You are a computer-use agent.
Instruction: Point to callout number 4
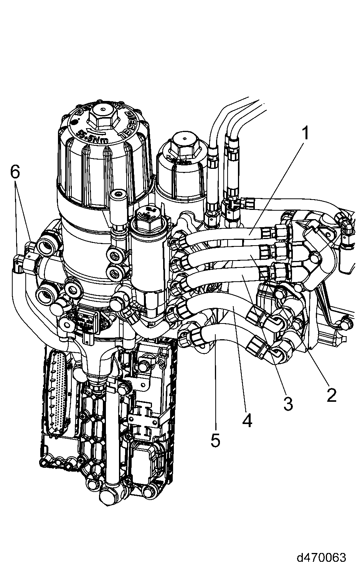[x=247, y=421]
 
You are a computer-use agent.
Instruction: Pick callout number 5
[x=216, y=440]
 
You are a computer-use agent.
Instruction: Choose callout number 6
[x=15, y=173]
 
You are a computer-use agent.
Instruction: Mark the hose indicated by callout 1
[x=238, y=233]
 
